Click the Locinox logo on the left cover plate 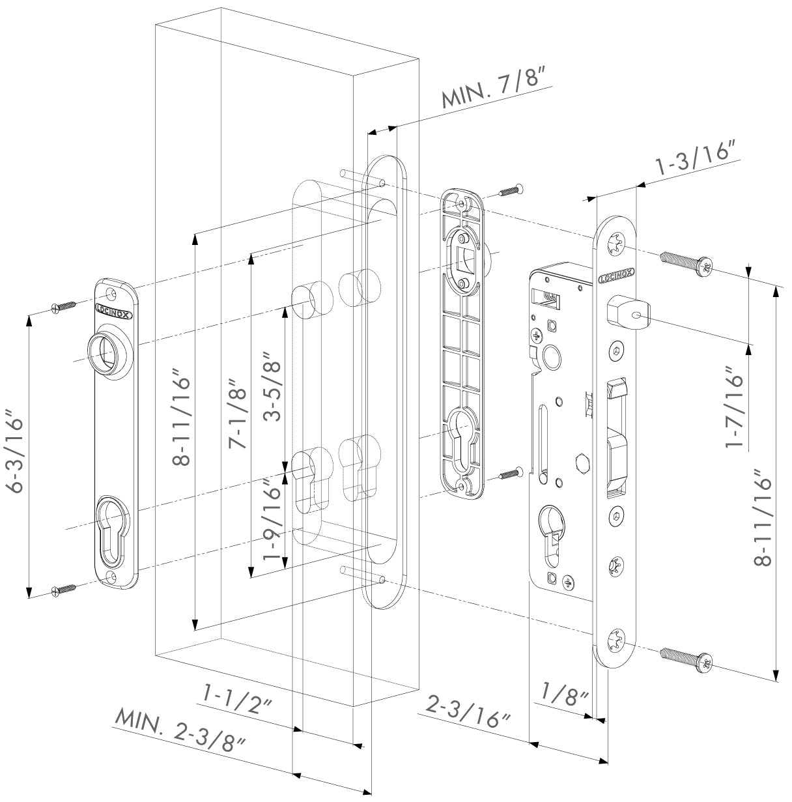click(114, 310)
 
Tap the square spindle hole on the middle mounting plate click(466, 256)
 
